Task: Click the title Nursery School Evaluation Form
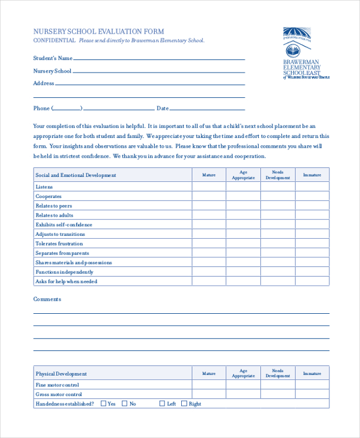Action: click(98, 31)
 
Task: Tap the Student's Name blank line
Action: click(159, 59)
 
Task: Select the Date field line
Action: click(208, 109)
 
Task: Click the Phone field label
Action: click(41, 109)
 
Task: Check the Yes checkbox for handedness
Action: click(103, 404)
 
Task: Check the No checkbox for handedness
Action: click(125, 404)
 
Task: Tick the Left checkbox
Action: click(162, 404)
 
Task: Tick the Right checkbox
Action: click(184, 404)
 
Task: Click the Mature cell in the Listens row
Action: click(208, 187)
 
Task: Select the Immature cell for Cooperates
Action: click(312, 196)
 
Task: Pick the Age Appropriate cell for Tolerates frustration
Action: click(243, 244)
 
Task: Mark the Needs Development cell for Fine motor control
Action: click(277, 385)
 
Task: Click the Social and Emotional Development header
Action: click(76, 175)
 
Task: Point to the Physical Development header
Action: click(61, 374)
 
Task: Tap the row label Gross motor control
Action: click(58, 394)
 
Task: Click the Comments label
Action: click(47, 299)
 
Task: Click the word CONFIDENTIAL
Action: click(54, 41)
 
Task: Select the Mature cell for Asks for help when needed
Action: click(208, 281)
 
